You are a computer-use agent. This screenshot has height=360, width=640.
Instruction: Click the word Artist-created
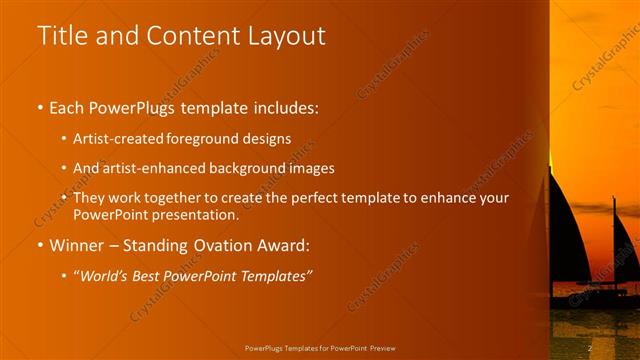pos(115,138)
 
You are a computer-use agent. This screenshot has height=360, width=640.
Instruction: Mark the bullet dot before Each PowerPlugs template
pos(39,108)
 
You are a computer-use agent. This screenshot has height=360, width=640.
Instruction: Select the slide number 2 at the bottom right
pos(591,347)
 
